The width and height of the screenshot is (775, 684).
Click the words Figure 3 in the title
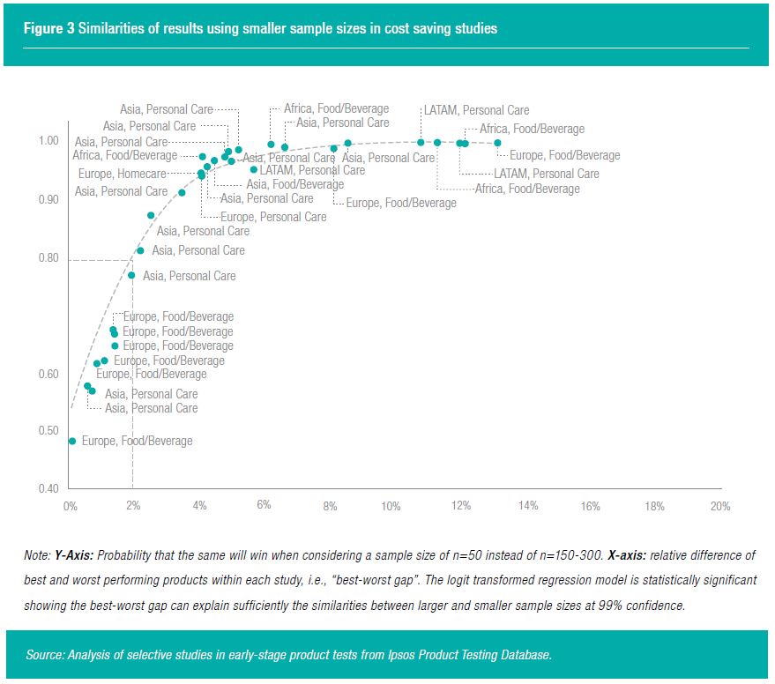[49, 29]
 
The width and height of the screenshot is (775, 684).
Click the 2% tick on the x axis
[132, 506]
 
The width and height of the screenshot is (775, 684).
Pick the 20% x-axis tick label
[720, 506]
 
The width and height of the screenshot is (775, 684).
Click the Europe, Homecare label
[122, 174]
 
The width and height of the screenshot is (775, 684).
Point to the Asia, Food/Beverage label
[294, 184]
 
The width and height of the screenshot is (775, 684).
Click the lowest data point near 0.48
[72, 441]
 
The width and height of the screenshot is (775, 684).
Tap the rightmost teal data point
[498, 143]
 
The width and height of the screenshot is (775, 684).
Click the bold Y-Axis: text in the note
[72, 555]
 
